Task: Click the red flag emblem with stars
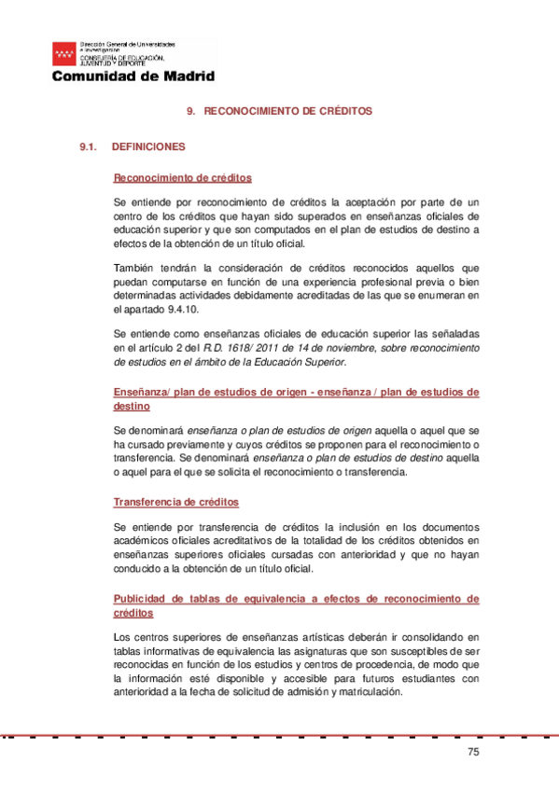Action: coord(65,53)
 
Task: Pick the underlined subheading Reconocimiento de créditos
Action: coord(182,177)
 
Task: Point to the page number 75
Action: coord(471,753)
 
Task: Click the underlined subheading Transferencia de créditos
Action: coord(175,502)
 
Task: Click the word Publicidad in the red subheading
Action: coord(140,598)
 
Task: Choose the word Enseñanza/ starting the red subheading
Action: coord(141,393)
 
